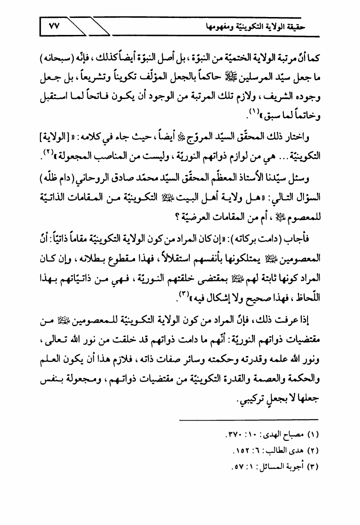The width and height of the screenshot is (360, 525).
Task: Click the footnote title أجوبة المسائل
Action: click(270, 464)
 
